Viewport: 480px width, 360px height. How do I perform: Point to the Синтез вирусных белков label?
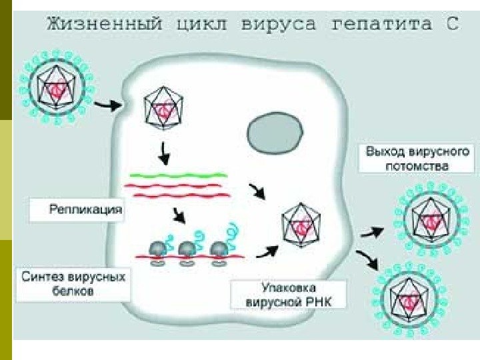coord(73,283)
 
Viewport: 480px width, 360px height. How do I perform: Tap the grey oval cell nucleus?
coord(273,131)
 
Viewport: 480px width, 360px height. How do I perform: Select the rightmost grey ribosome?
coord(218,248)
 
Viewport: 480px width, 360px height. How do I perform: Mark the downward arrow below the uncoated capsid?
coord(163,156)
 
